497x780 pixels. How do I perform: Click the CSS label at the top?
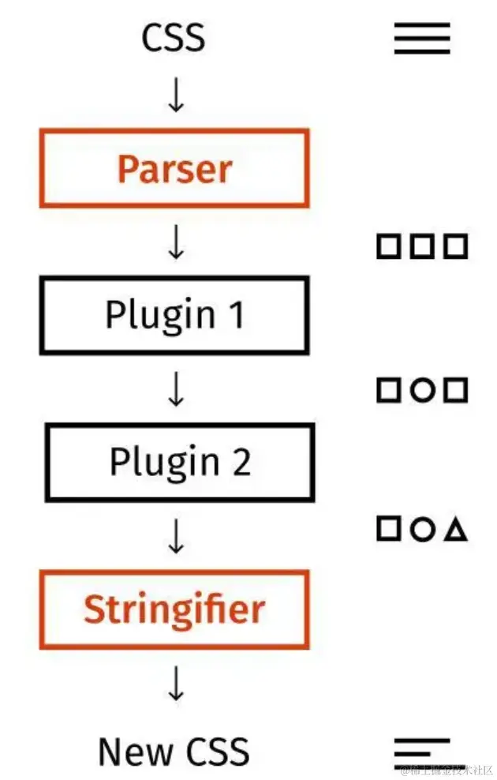(174, 38)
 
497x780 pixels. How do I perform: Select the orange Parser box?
(174, 169)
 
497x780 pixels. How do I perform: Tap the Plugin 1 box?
(174, 315)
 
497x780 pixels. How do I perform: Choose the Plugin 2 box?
(180, 462)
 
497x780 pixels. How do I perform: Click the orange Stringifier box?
(174, 609)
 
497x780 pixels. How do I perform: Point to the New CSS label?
(174, 752)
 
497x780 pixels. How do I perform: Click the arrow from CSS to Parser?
(176, 95)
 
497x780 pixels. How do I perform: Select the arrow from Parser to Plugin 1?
(176, 242)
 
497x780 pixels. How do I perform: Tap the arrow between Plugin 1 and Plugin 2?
(176, 388)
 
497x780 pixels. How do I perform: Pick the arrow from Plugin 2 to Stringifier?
(176, 535)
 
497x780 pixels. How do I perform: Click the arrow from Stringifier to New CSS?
(176, 684)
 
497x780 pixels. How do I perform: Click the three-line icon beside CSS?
(422, 38)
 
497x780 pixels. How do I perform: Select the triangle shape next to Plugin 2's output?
(455, 530)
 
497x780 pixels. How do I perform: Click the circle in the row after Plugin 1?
(422, 390)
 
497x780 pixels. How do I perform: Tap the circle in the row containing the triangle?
(422, 530)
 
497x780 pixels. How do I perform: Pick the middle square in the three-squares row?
(422, 246)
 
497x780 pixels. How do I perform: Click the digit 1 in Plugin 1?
(234, 315)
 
